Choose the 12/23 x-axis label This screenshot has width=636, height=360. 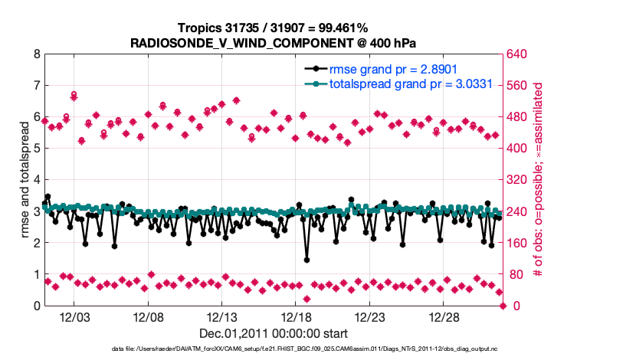tap(369, 317)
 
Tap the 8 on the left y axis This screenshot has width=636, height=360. tap(37, 54)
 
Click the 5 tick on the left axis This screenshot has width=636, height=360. tap(37, 149)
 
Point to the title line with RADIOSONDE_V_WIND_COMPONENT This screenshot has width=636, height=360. tap(274, 42)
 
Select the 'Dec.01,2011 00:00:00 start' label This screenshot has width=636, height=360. tap(274, 333)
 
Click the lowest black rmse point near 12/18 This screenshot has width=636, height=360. tap(307, 260)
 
